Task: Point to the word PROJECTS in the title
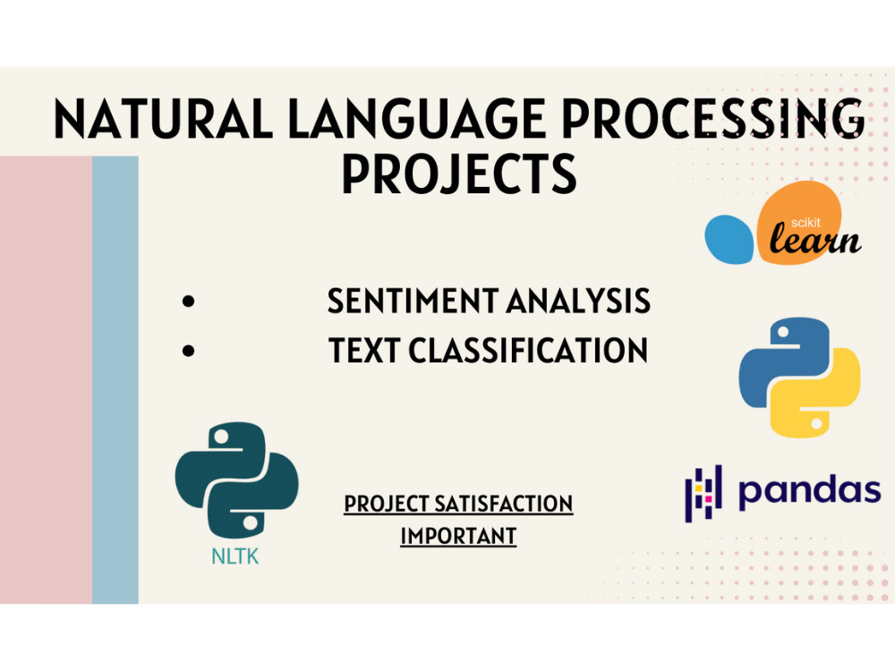tap(458, 174)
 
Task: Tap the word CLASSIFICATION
tap(528, 351)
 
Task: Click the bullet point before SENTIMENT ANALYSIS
tap(188, 302)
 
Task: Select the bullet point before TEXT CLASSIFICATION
tap(188, 352)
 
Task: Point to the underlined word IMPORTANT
tap(458, 536)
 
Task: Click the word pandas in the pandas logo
tap(809, 491)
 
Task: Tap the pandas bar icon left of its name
tap(703, 492)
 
